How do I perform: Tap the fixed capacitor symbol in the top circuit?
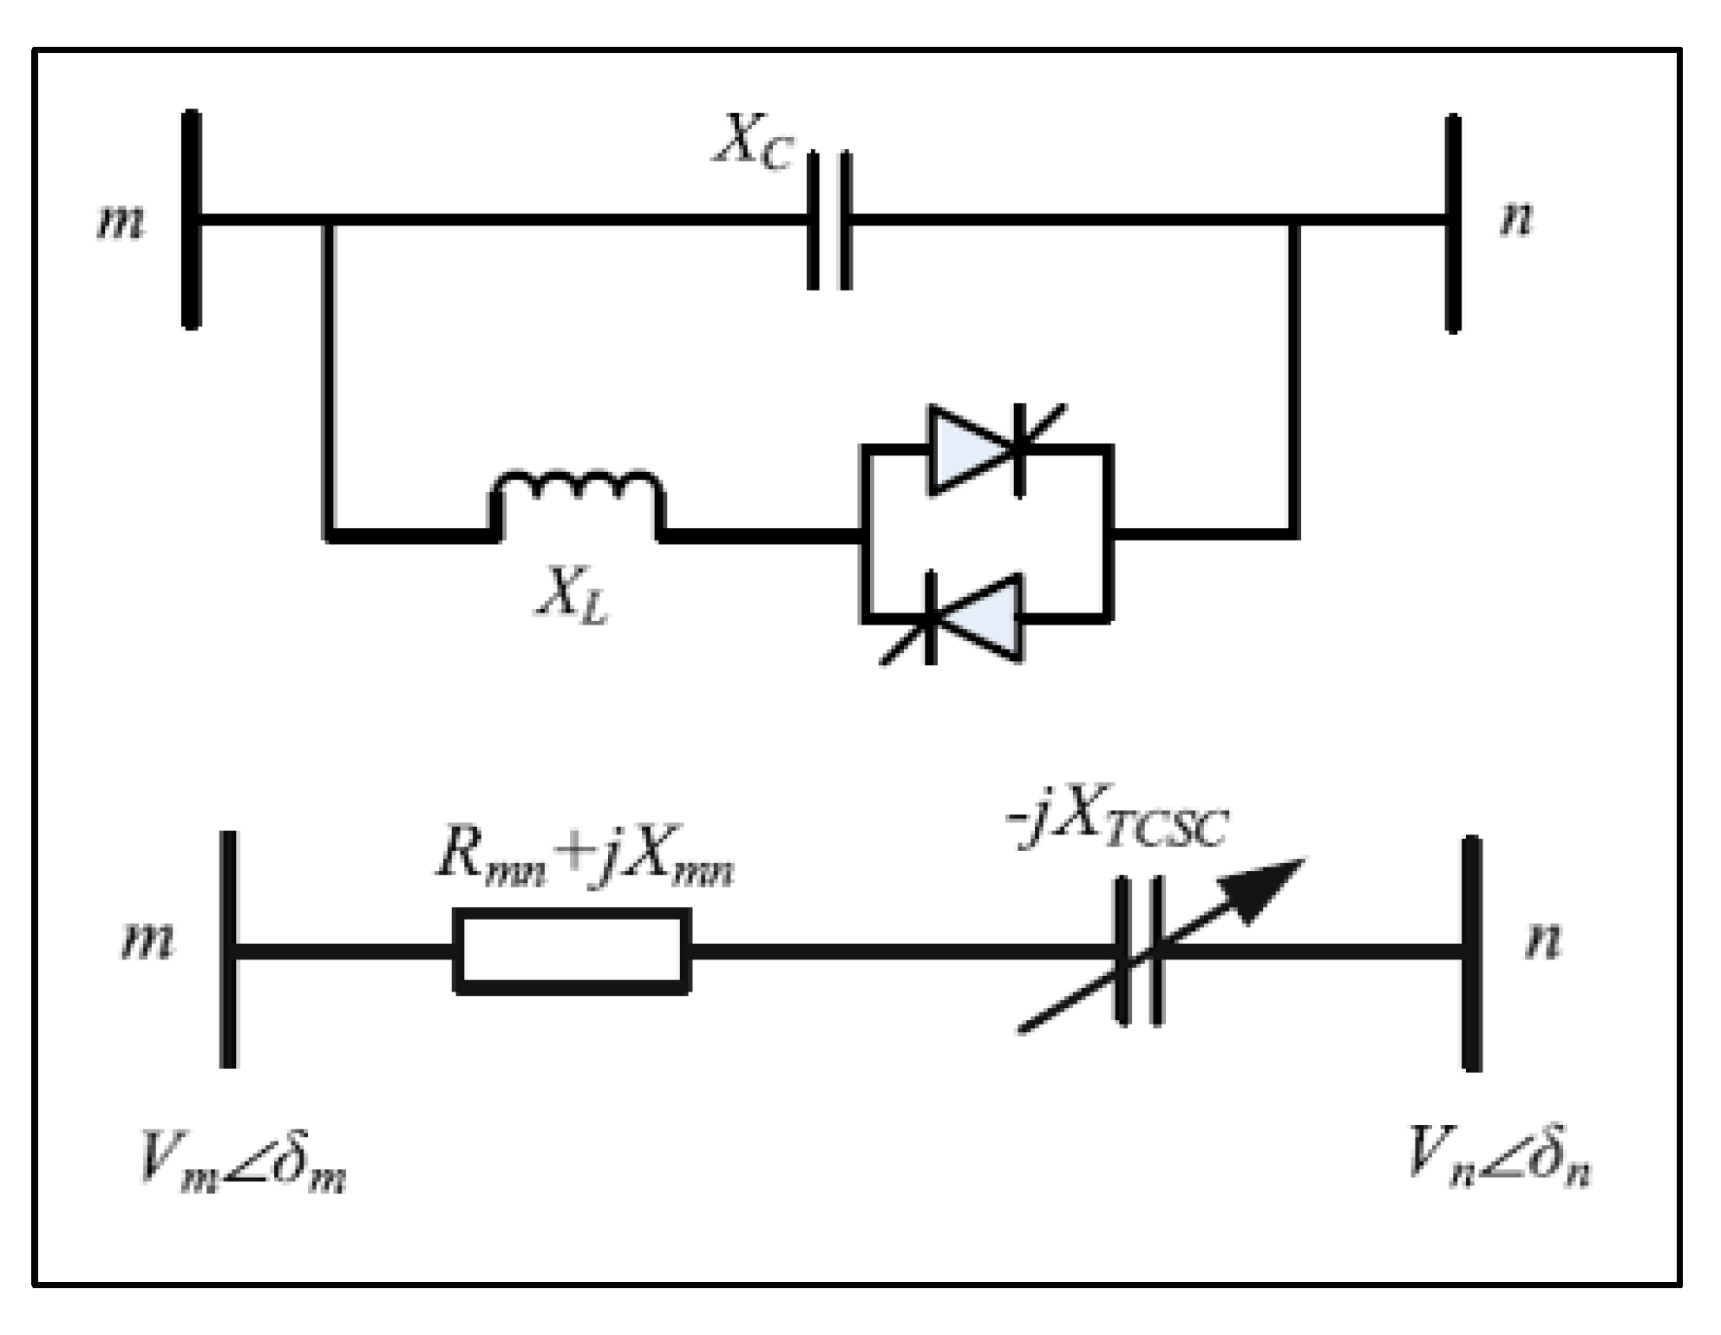[830, 220]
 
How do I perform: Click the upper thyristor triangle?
[970, 449]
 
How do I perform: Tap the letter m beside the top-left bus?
[121, 221]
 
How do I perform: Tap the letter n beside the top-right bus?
[1517, 218]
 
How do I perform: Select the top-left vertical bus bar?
[192, 219]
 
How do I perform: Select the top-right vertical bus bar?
[1454, 223]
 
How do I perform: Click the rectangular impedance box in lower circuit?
[572, 951]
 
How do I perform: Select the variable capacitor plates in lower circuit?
[1139, 952]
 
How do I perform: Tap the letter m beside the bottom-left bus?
[147, 940]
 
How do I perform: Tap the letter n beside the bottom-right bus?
[1543, 940]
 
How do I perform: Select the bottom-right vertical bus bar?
[1472, 953]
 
